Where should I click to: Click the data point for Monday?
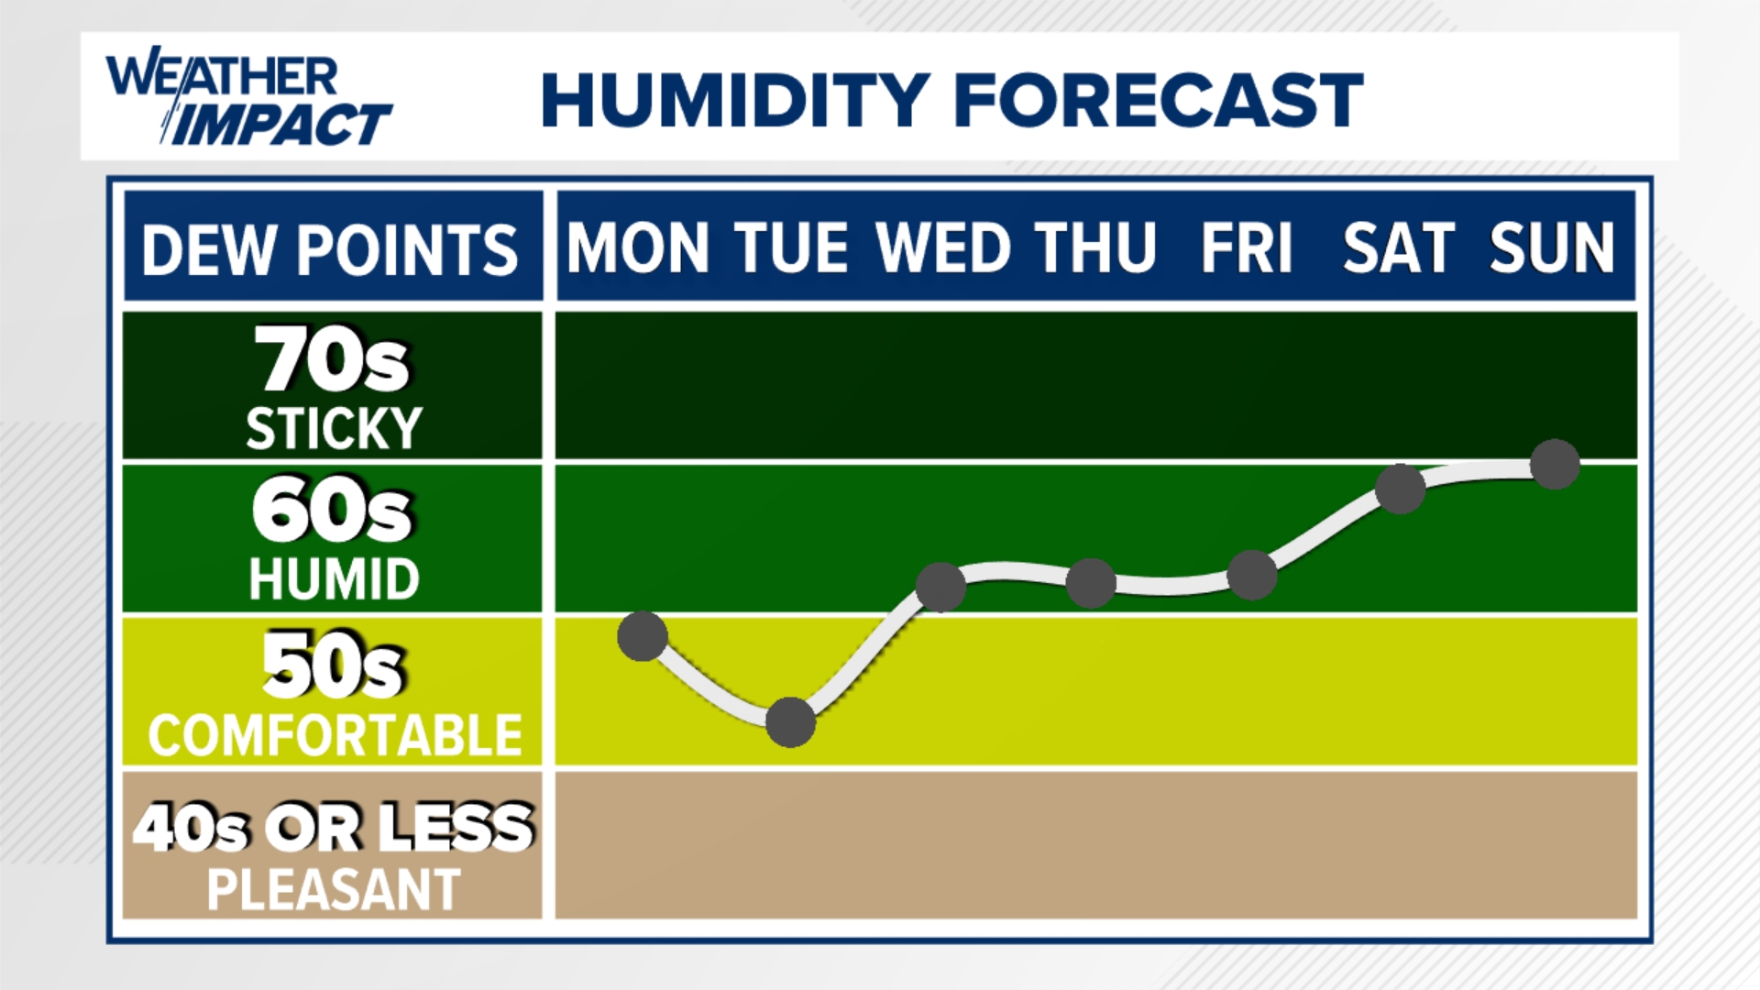pyautogui.click(x=642, y=635)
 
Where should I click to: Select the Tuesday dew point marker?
pyautogui.click(x=790, y=721)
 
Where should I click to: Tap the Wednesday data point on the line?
pyautogui.click(x=941, y=587)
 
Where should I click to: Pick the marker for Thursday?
pyautogui.click(x=1091, y=583)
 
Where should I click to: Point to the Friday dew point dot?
pyautogui.click(x=1251, y=576)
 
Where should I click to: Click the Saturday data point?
pyautogui.click(x=1401, y=489)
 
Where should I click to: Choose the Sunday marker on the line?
pyautogui.click(x=1555, y=464)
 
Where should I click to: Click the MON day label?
pyautogui.click(x=638, y=248)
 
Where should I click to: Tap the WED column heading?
pyautogui.click(x=944, y=248)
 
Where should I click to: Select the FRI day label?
pyautogui.click(x=1247, y=248)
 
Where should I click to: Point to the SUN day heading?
pyautogui.click(x=1551, y=248)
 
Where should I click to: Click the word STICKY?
pyautogui.click(x=334, y=428)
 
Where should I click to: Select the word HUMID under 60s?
pyautogui.click(x=334, y=579)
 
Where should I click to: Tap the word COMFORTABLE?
pyautogui.click(x=335, y=735)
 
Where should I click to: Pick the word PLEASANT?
pyautogui.click(x=334, y=889)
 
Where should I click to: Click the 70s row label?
pyautogui.click(x=332, y=360)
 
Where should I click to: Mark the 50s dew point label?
pyautogui.click(x=332, y=666)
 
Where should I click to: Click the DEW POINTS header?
pyautogui.click(x=330, y=249)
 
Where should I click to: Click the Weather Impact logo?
pyautogui.click(x=247, y=98)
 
